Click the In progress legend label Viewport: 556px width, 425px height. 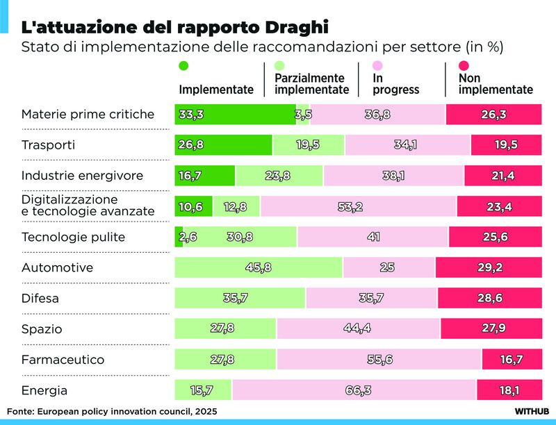click(x=396, y=84)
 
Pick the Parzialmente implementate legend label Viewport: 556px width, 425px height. click(x=311, y=84)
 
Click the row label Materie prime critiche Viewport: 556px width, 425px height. click(x=88, y=114)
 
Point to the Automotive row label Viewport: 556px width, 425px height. click(x=57, y=267)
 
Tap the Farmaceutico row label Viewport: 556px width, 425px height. click(x=63, y=360)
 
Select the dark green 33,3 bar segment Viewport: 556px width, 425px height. click(x=235, y=115)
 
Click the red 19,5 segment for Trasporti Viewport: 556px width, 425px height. click(x=506, y=145)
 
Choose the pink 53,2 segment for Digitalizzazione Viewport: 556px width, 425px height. click(x=358, y=206)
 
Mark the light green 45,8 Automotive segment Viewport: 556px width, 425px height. click(x=258, y=267)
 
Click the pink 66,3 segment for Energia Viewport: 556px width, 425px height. click(x=354, y=390)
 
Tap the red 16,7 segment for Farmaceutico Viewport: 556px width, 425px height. click(x=512, y=360)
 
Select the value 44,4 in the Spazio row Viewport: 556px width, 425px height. click(x=359, y=329)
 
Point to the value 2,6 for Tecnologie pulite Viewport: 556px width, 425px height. click(x=189, y=237)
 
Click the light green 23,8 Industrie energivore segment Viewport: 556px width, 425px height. click(x=279, y=176)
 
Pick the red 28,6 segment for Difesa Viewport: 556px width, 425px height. click(x=489, y=299)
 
